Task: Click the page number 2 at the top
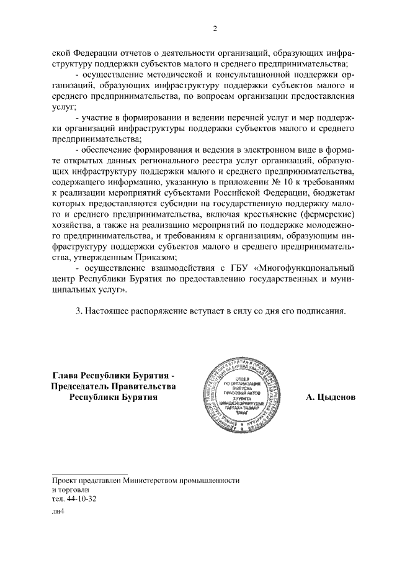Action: pyautogui.click(x=215, y=28)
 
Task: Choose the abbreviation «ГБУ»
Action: pyautogui.click(x=231, y=268)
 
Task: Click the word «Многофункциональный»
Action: pyautogui.click(x=305, y=268)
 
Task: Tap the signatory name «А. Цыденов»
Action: pyautogui.click(x=331, y=397)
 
